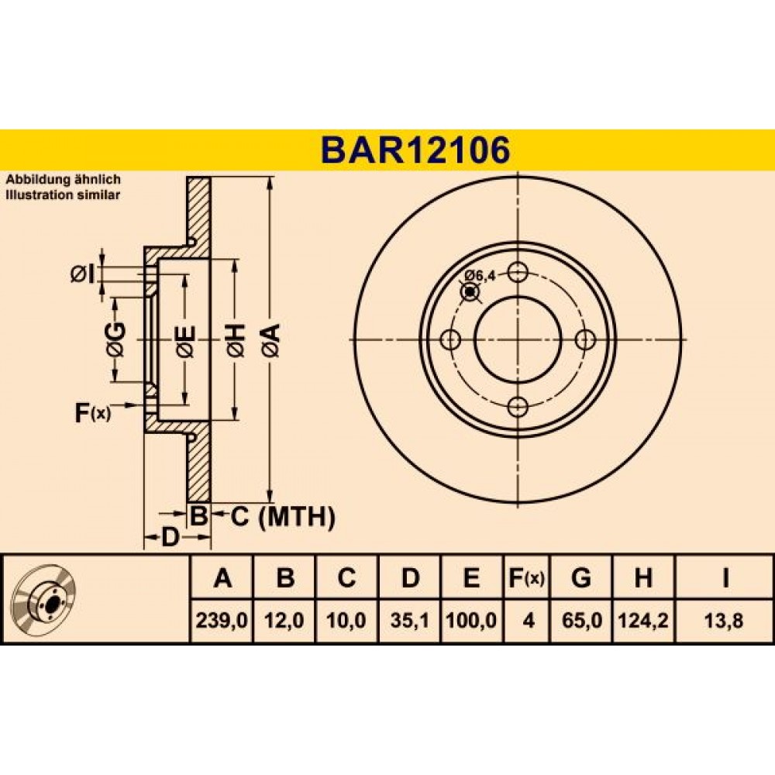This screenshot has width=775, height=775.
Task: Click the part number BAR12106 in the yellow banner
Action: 415,150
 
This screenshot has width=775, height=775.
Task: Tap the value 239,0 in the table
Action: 222,620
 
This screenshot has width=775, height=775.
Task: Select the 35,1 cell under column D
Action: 409,620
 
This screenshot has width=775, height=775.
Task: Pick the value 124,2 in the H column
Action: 643,620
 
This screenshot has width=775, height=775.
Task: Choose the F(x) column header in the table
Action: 527,577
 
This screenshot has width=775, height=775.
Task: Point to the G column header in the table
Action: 580,577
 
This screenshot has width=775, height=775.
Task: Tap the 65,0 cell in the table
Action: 582,620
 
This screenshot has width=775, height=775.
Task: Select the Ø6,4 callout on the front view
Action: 480,276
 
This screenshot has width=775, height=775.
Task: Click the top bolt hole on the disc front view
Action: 518,271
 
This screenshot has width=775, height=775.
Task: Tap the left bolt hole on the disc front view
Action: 450,339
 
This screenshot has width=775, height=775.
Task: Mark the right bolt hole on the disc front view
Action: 586,339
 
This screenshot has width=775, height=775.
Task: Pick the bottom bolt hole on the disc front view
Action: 518,408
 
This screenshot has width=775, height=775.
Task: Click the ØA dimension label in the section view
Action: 271,340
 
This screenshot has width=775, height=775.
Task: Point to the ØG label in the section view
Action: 115,339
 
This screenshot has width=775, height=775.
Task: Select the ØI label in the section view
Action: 82,274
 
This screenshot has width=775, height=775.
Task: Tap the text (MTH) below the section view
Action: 297,517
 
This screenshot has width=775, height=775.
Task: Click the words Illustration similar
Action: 63,195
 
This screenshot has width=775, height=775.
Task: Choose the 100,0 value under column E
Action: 471,620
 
